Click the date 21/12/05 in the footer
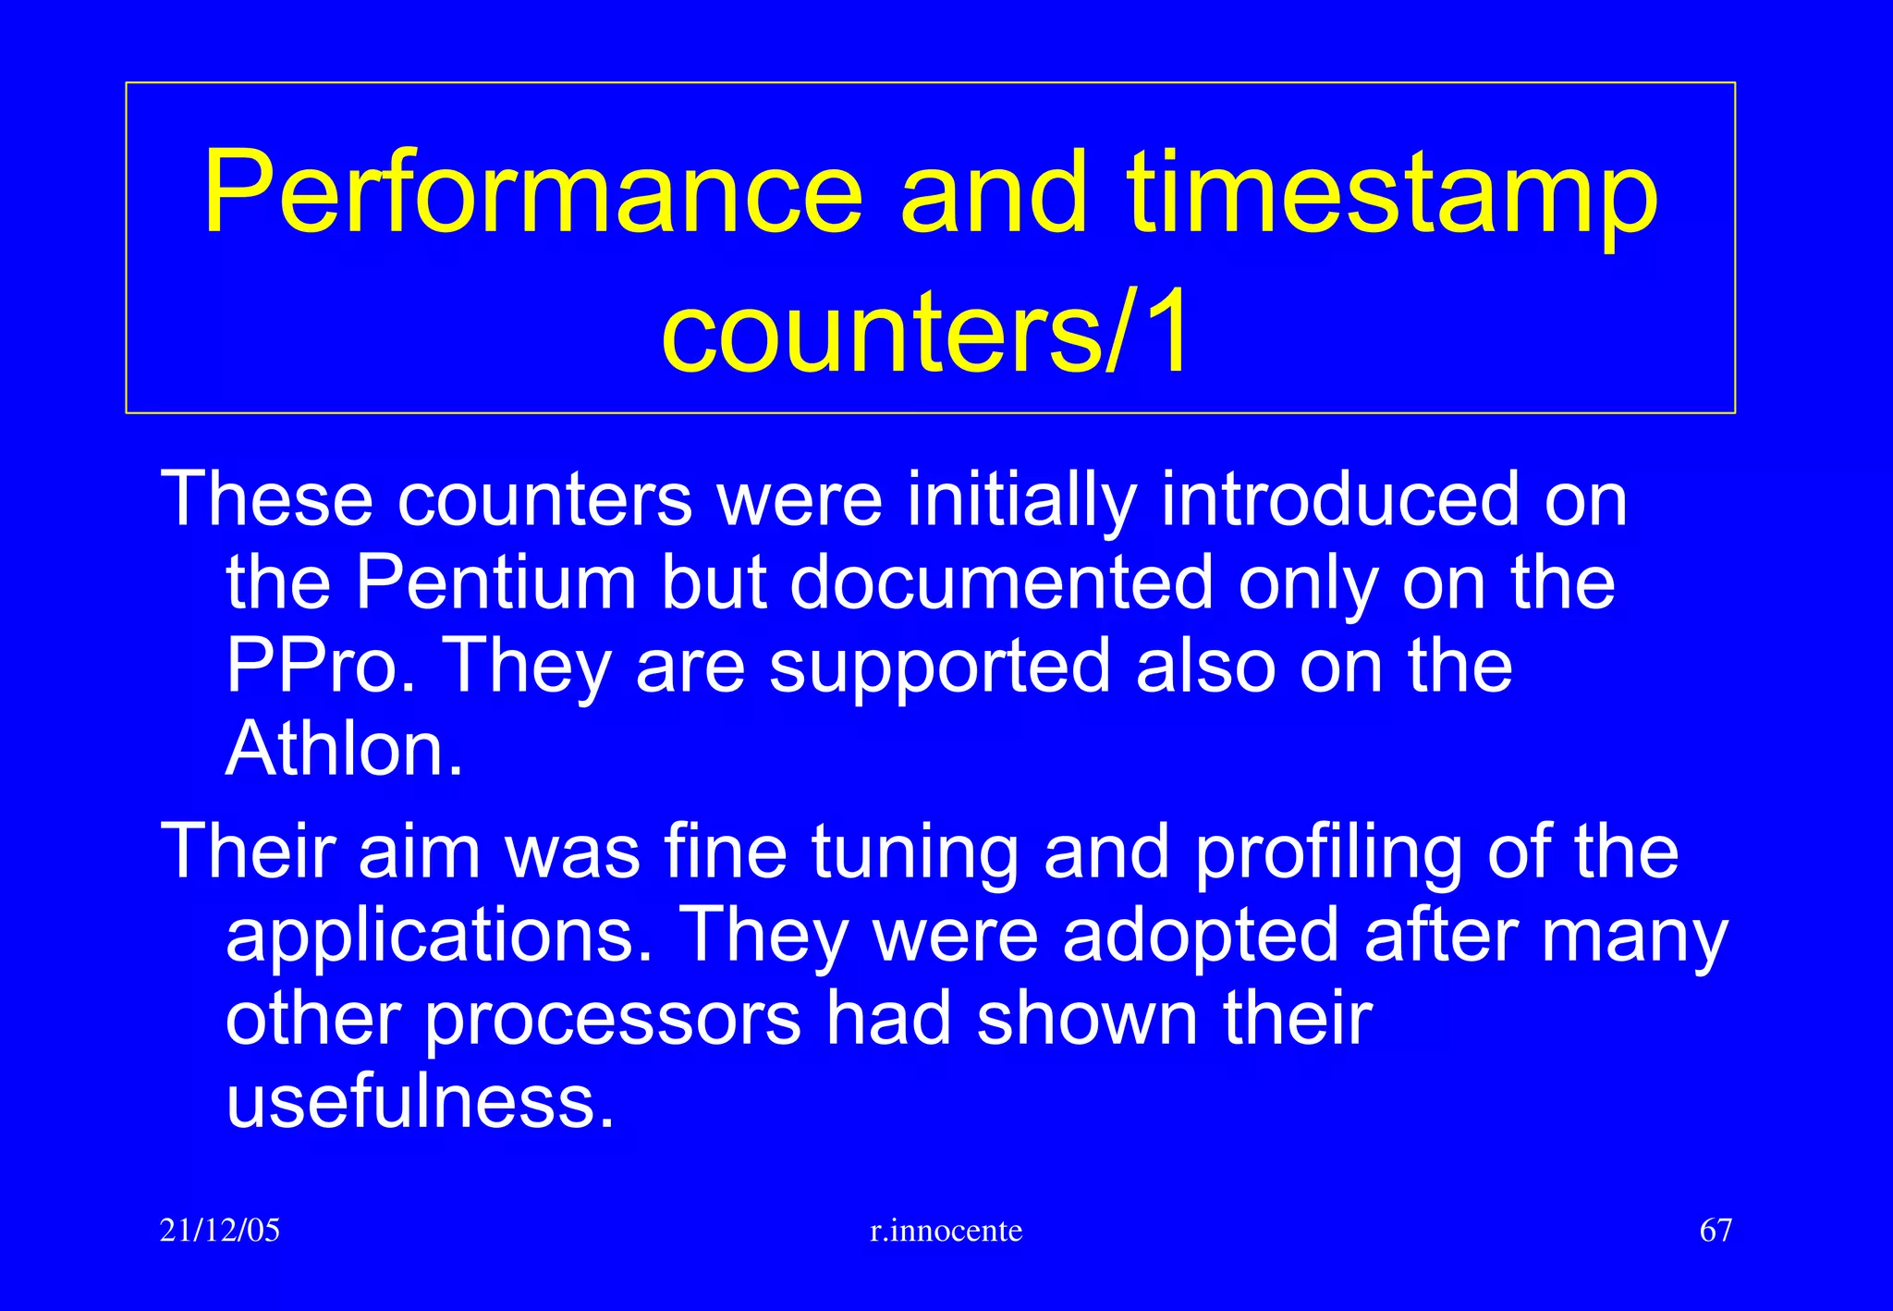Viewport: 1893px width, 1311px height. click(x=220, y=1231)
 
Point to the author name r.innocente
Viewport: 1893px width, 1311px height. click(x=946, y=1231)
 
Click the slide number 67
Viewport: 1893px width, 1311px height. click(x=1716, y=1231)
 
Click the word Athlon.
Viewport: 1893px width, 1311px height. click(x=343, y=749)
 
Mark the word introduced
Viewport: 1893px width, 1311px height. click(x=1339, y=499)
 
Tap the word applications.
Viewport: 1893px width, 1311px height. click(x=438, y=936)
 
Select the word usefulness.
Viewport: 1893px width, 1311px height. click(x=420, y=1102)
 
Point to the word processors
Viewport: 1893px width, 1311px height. click(x=613, y=1019)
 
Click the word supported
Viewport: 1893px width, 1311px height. click(x=940, y=668)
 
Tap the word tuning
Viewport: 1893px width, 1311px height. click(x=915, y=852)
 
